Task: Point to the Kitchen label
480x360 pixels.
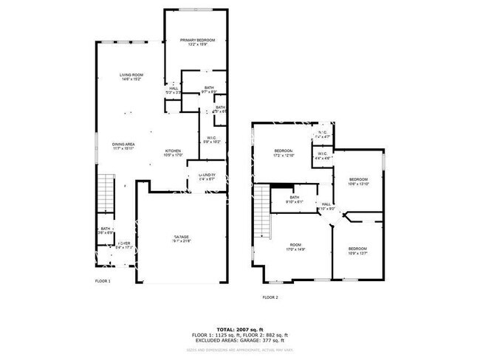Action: point(173,153)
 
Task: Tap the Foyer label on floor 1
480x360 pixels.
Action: point(124,244)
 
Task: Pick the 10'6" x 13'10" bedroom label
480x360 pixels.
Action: point(358,181)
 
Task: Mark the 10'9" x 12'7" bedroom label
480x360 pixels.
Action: point(357,251)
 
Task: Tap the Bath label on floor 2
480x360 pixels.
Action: point(294,199)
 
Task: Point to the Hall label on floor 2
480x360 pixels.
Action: point(326,207)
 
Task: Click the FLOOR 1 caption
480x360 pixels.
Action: point(103,281)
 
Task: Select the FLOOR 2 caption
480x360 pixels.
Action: point(271,297)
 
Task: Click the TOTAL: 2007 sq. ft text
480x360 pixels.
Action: point(239,328)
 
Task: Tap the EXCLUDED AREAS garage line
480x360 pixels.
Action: point(239,341)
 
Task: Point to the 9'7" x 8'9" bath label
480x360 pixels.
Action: point(210,90)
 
